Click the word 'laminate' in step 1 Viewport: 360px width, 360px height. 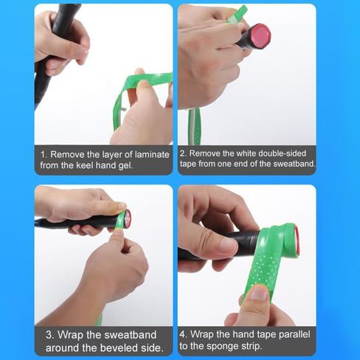click(x=152, y=155)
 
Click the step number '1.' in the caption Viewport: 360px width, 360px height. click(x=44, y=155)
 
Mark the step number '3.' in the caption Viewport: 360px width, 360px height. click(x=50, y=335)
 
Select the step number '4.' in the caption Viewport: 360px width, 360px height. click(x=184, y=334)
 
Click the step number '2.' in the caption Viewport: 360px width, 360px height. click(x=184, y=153)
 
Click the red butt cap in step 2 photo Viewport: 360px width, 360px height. click(x=260, y=36)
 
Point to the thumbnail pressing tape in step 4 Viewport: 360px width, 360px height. click(x=260, y=293)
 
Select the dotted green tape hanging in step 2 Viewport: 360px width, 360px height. click(x=194, y=127)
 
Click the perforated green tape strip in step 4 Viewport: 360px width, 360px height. click(x=268, y=260)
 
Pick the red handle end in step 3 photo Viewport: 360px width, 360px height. click(x=128, y=218)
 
